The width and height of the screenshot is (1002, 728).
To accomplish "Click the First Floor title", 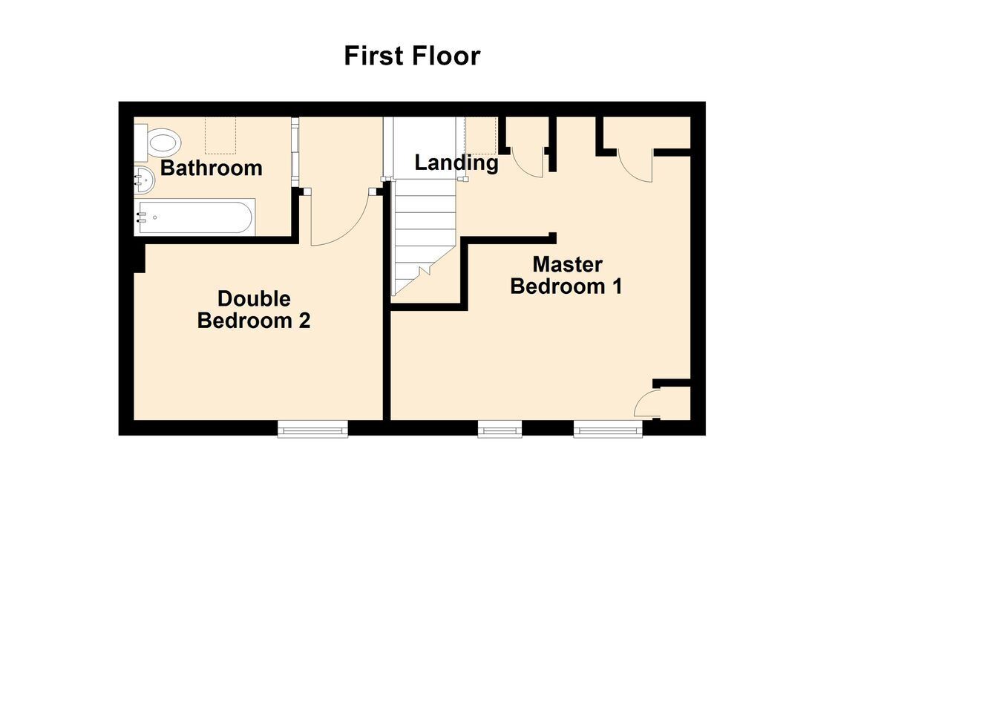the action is click(x=412, y=56).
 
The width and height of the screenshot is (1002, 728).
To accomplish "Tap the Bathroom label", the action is click(x=211, y=168).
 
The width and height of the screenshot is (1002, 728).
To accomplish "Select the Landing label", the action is click(x=456, y=163).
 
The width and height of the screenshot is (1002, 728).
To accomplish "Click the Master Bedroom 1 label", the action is click(x=566, y=275).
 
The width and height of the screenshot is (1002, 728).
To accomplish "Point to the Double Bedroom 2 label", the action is click(x=254, y=309).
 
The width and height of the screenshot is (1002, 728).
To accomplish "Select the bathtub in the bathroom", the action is click(x=195, y=217).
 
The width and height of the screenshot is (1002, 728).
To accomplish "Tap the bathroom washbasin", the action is click(x=144, y=180).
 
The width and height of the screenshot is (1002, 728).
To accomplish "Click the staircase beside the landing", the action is click(x=424, y=237).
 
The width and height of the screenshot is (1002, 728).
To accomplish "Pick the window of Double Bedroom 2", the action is click(x=312, y=428).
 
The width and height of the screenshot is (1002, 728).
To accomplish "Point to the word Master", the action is click(x=567, y=265).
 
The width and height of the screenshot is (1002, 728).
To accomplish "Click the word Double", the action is click(x=254, y=299).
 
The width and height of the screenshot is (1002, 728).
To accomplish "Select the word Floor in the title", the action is click(x=446, y=56).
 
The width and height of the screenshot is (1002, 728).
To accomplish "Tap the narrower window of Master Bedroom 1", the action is click(x=500, y=428).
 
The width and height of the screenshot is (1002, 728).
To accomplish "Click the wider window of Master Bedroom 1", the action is click(x=609, y=428).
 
